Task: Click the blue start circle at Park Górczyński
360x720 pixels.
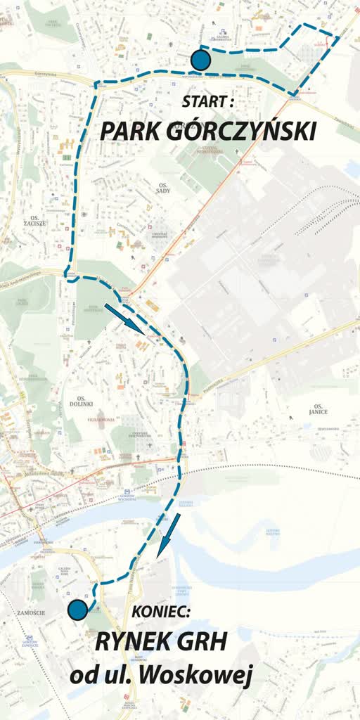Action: [201, 60]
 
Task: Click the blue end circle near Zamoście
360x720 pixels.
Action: [77, 610]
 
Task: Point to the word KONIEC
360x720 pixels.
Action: [161, 612]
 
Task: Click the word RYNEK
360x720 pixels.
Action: [131, 642]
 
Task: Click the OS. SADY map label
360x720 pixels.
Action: [162, 187]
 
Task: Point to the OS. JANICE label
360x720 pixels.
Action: [319, 409]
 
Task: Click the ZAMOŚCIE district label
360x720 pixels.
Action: [32, 612]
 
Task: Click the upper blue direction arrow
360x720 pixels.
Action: [124, 318]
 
